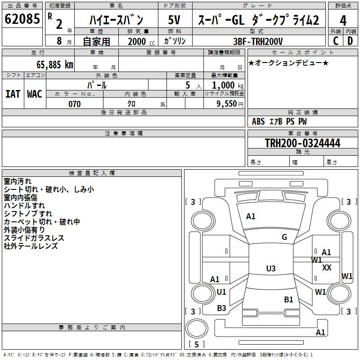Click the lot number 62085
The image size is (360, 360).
pyautogui.click(x=22, y=18)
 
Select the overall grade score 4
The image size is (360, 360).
pyautogui.click(x=343, y=21)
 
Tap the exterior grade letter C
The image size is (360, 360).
pyautogui.click(x=336, y=41)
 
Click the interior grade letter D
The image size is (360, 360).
pyautogui.click(x=350, y=41)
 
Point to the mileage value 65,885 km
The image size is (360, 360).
pyautogui.click(x=55, y=65)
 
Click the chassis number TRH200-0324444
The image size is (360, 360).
pyautogui.click(x=302, y=143)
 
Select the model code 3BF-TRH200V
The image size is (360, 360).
pyautogui.click(x=257, y=41)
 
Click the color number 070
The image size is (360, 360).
pyautogui.click(x=75, y=104)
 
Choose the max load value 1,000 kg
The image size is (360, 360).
pyautogui.click(x=228, y=85)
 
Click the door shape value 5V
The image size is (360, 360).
pyautogui.click(x=174, y=20)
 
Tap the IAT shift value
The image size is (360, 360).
pyautogui.click(x=13, y=94)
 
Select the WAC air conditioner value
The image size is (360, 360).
pyautogui.click(x=35, y=94)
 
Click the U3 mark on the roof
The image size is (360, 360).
pyautogui.click(x=271, y=268)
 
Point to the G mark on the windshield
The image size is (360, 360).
pyautogui.click(x=284, y=237)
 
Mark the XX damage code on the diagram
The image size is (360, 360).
pyautogui.click(x=327, y=267)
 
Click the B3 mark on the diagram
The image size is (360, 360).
pyautogui.click(x=221, y=308)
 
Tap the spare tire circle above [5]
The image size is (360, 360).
pyautogui.click(x=197, y=328)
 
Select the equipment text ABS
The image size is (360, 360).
pyautogui.click(x=258, y=121)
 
